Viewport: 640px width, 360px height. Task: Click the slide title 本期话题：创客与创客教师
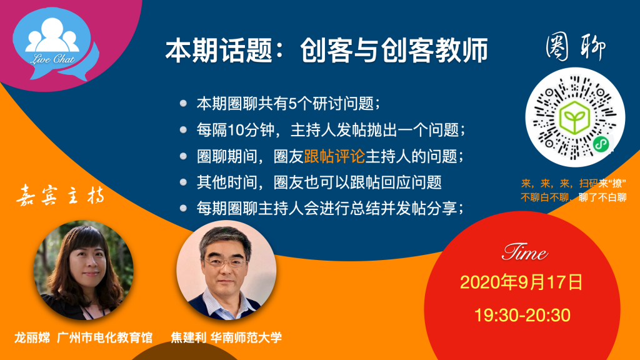click(326, 50)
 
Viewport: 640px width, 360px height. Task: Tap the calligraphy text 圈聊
click(576, 46)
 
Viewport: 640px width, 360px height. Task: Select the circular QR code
click(575, 117)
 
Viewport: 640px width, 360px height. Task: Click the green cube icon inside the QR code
click(575, 118)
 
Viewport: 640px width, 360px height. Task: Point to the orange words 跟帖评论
click(334, 156)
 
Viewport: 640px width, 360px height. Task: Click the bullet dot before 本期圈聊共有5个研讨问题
click(184, 103)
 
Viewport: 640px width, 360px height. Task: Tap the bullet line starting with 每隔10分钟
click(331, 130)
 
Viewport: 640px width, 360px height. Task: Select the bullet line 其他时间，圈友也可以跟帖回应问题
click(319, 182)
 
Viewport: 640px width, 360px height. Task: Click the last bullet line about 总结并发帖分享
click(330, 209)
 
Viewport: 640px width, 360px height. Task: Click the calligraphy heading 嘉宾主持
click(61, 195)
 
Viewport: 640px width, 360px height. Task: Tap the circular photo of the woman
click(83, 270)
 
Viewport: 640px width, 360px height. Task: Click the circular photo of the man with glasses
click(226, 270)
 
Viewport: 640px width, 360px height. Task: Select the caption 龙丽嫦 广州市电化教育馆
click(84, 337)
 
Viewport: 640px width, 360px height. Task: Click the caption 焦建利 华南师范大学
click(226, 337)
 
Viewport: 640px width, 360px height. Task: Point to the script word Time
click(524, 252)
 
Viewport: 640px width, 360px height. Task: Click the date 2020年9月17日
click(521, 282)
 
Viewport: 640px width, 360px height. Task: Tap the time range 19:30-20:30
click(522, 316)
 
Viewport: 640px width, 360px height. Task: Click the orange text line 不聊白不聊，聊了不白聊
click(574, 198)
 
